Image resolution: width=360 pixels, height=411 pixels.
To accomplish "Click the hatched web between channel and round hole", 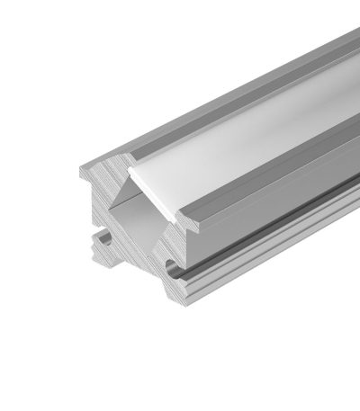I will point(162,243).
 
